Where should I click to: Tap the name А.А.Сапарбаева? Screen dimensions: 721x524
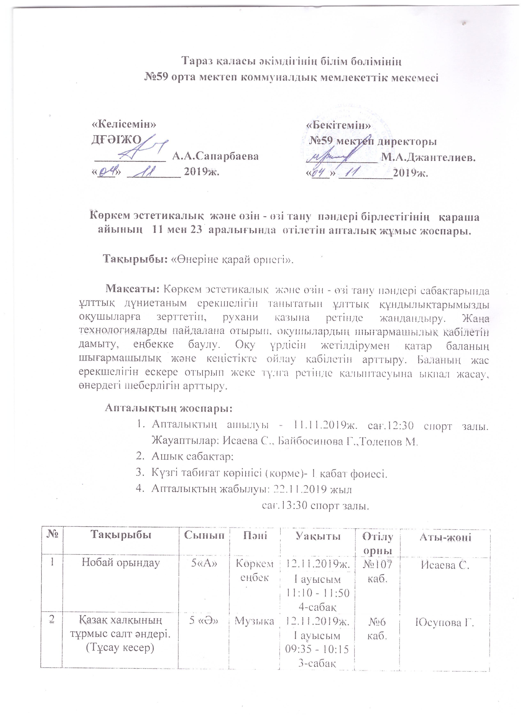coord(215,156)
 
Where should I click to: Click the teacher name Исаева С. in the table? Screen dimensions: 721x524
coord(445,565)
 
